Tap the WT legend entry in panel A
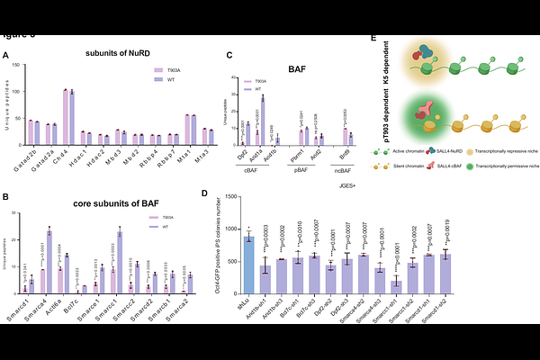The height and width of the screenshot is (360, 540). click(166, 78)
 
